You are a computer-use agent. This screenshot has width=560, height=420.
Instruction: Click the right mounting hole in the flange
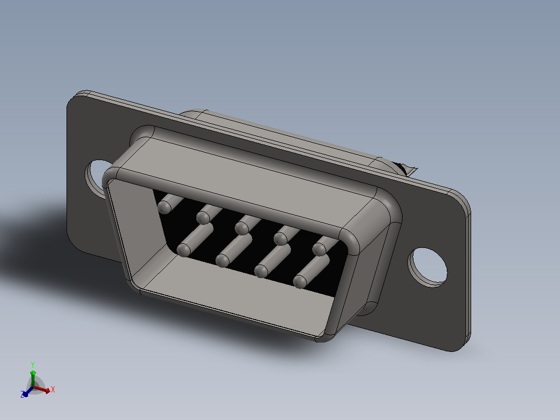(428, 267)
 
